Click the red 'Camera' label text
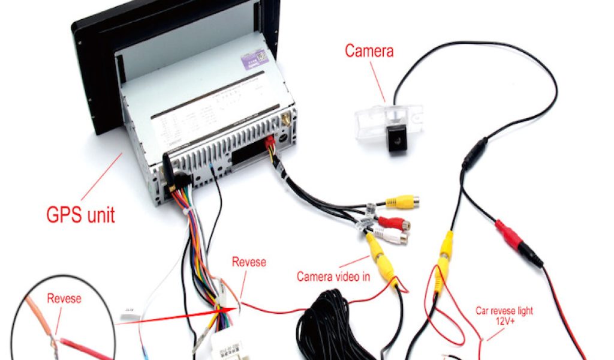click(369, 51)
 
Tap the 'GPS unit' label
click(80, 214)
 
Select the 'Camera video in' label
click(333, 277)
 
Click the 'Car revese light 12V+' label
click(504, 316)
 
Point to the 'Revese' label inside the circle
click(64, 298)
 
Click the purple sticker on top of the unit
click(255, 60)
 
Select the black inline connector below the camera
click(474, 154)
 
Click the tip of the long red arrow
click(219, 312)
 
